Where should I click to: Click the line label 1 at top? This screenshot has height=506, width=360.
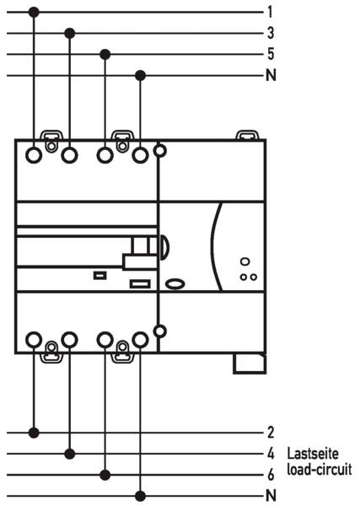pyautogui.click(x=271, y=12)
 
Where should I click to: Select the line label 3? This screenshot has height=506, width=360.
pyautogui.click(x=271, y=33)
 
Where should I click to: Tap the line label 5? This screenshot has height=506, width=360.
pyautogui.click(x=271, y=54)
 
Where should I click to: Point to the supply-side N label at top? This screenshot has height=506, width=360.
pyautogui.click(x=271, y=75)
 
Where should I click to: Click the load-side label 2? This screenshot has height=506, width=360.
pyautogui.click(x=271, y=433)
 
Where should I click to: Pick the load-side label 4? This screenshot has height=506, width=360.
pyautogui.click(x=271, y=454)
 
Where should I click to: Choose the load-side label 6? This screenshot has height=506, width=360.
pyautogui.click(x=271, y=474)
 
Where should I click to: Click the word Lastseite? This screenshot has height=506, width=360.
pyautogui.click(x=313, y=453)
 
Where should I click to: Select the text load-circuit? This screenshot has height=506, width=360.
pyautogui.click(x=320, y=470)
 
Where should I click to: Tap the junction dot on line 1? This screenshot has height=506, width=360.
pyautogui.click(x=34, y=13)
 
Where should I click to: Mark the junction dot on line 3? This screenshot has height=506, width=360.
pyautogui.click(x=70, y=33)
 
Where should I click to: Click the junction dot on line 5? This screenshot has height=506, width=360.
pyautogui.click(x=105, y=54)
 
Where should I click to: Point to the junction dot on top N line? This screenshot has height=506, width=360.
pyautogui.click(x=140, y=76)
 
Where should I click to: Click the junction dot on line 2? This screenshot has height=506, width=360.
pyautogui.click(x=34, y=433)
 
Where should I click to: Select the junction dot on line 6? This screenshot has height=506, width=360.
pyautogui.click(x=105, y=475)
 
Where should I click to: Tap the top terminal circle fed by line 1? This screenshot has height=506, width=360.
pyautogui.click(x=34, y=155)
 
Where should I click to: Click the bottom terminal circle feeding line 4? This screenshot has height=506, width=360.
pyautogui.click(x=69, y=340)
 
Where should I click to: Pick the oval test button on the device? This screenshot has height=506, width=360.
pyautogui.click(x=175, y=283)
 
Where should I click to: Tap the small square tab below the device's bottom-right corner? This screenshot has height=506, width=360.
pyautogui.click(x=250, y=363)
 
